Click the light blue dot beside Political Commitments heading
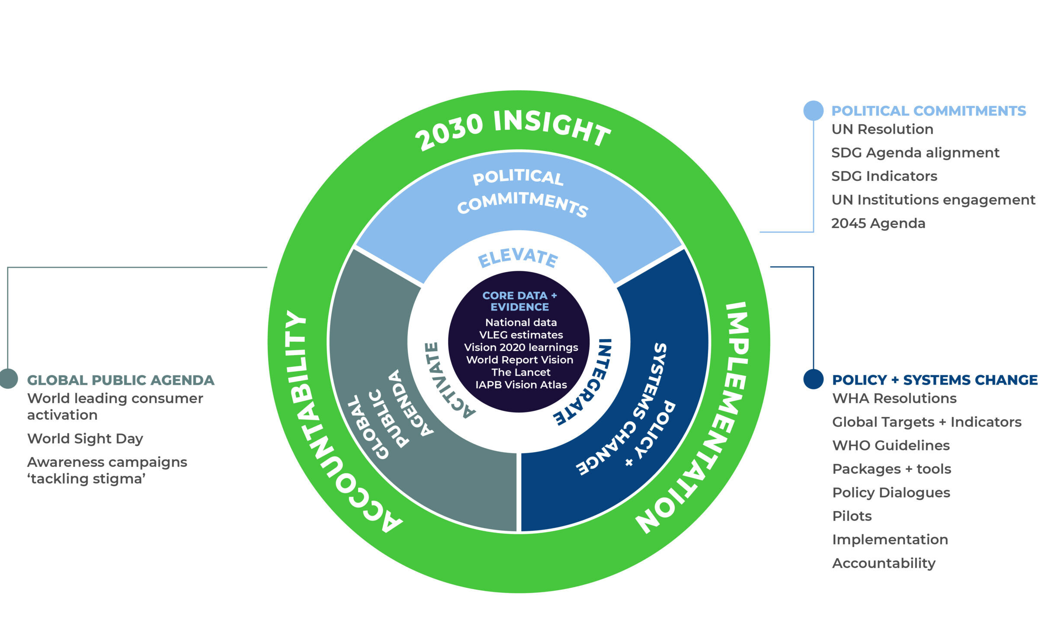813,111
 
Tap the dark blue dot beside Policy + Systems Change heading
813,379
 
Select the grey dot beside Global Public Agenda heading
8,379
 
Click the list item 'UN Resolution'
882,129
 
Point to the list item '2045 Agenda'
878,223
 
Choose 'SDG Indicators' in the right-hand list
884,176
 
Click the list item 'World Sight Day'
85,439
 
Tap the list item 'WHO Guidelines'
891,446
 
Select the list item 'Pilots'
852,516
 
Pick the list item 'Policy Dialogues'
891,493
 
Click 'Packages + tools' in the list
892,469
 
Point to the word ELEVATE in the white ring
518,258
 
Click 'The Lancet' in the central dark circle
521,373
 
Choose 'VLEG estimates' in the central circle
521,335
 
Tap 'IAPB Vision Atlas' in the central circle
521,385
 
